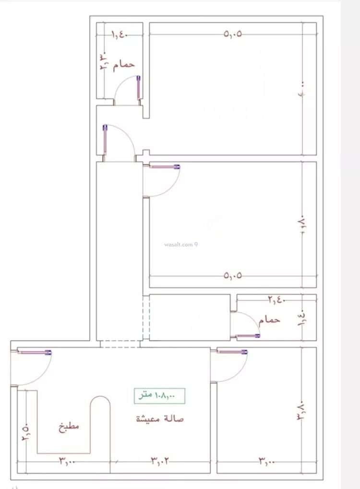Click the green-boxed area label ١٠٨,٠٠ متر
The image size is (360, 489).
pos(159,395)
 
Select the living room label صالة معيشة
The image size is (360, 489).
pos(159,418)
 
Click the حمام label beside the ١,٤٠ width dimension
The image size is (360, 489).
pos(123,64)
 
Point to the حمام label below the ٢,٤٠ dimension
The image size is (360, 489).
pos(269,319)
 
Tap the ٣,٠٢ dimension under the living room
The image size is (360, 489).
pos(160,461)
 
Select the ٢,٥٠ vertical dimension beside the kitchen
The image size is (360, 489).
pos(24,431)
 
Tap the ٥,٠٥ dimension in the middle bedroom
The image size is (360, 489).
pos(233,276)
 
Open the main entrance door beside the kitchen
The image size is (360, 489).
pos(34,353)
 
